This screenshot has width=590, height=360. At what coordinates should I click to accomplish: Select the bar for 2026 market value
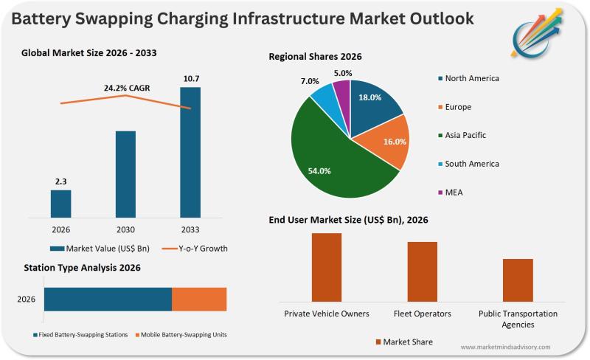coord(61,200)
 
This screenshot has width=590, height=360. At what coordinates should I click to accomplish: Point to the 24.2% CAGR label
coord(126,89)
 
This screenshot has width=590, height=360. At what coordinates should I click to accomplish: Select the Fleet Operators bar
coord(423,271)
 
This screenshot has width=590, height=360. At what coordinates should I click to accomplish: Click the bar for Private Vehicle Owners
coord(327,267)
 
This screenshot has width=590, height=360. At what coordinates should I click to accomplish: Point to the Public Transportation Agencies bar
coord(518,280)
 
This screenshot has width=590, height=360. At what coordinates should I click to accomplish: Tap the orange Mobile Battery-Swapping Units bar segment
coord(199,300)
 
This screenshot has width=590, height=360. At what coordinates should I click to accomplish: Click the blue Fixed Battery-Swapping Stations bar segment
coord(108,300)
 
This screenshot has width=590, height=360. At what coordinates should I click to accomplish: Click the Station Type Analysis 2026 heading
coord(82,268)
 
